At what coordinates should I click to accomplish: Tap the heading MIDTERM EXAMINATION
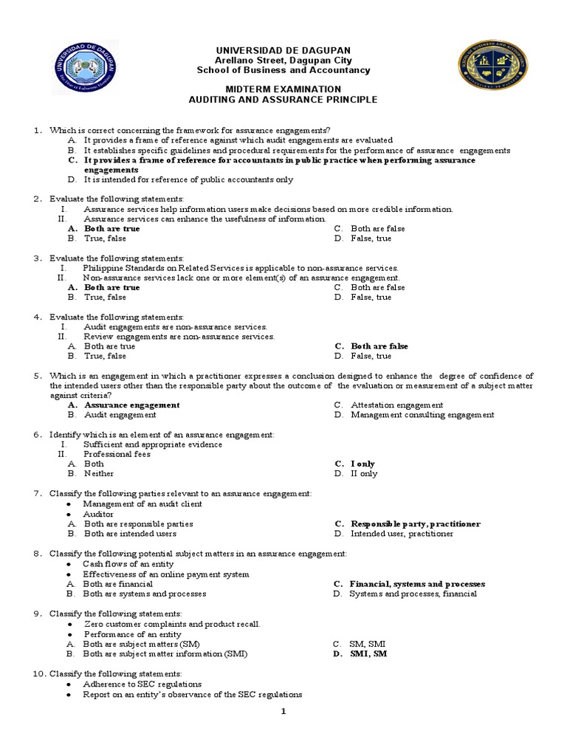click(x=283, y=89)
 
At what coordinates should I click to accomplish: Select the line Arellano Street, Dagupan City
click(x=283, y=60)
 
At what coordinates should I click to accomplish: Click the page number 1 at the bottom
click(x=283, y=712)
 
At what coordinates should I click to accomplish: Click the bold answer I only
click(x=363, y=464)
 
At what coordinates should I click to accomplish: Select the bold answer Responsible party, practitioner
click(x=415, y=523)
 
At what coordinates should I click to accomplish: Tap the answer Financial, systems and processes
click(x=417, y=583)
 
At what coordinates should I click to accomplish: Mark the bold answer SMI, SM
click(x=368, y=653)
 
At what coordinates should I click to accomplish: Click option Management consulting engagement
click(x=422, y=415)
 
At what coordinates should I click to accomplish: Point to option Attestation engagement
click(x=396, y=405)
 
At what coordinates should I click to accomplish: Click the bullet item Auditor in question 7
click(x=99, y=514)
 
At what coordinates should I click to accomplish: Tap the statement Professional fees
click(x=117, y=454)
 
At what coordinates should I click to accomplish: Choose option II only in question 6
click(x=363, y=473)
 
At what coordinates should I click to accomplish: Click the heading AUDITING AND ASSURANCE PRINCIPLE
click(x=283, y=99)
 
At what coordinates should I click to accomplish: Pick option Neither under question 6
click(x=99, y=473)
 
